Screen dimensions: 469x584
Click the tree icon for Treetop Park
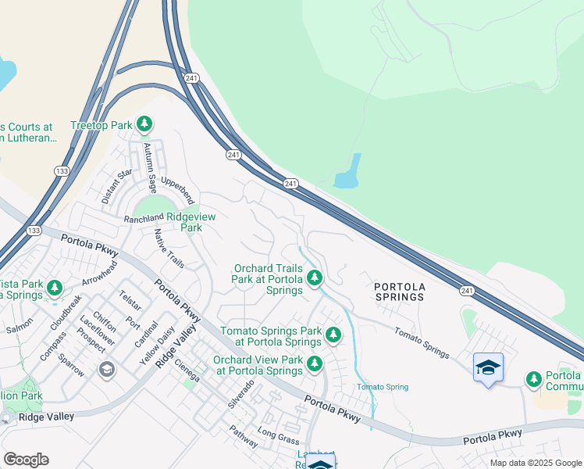click(x=144, y=124)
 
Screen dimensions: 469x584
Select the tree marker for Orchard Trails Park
click(x=314, y=277)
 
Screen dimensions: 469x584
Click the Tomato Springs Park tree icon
click(x=333, y=335)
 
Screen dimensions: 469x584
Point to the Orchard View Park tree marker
click(x=314, y=363)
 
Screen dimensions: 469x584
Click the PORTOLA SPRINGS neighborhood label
click(x=399, y=292)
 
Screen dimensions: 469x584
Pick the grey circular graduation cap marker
click(x=106, y=368)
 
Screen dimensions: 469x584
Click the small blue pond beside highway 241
click(x=348, y=172)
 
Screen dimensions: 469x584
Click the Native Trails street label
click(x=169, y=248)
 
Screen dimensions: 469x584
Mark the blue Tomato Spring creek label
click(x=383, y=387)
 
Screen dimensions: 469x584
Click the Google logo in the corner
click(x=26, y=460)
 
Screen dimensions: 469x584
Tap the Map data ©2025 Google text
click(x=536, y=463)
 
